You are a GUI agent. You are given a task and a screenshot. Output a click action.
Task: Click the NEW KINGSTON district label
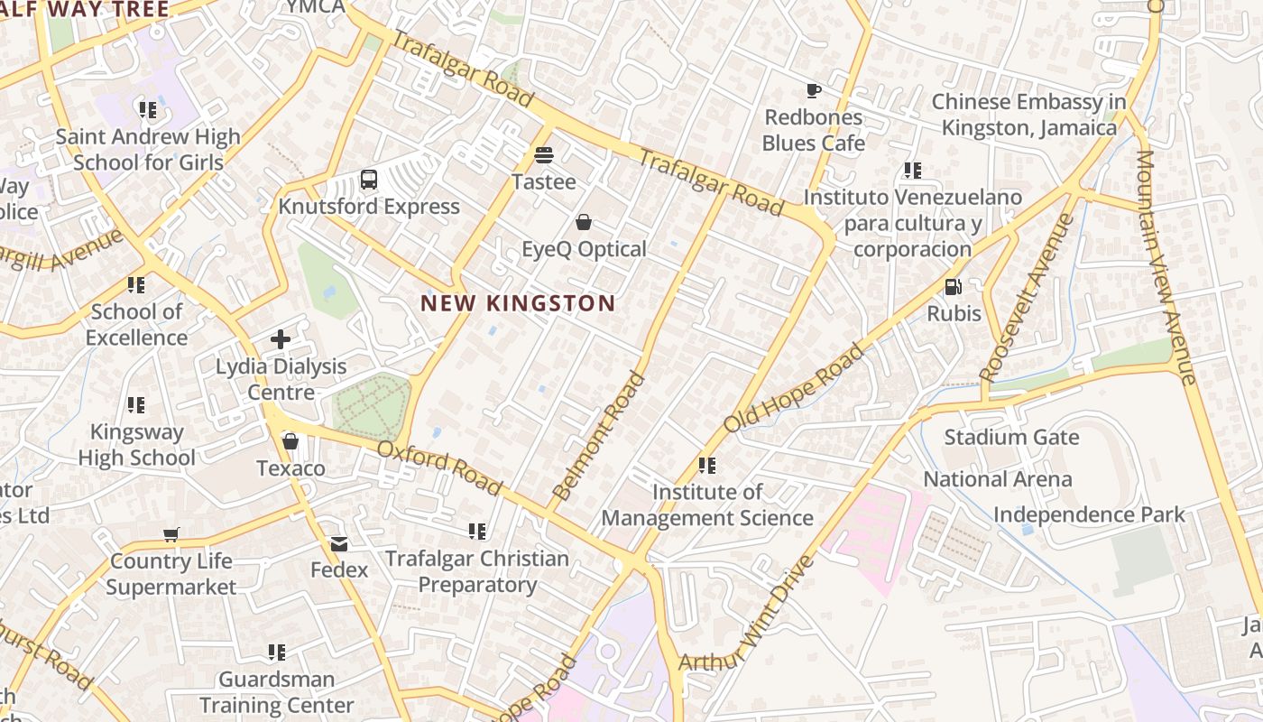point(518,303)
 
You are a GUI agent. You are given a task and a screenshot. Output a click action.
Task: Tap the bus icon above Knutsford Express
point(369,179)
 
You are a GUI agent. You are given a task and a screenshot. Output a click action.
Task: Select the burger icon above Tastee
point(543,154)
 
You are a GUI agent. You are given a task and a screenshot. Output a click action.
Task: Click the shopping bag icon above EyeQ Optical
point(584,222)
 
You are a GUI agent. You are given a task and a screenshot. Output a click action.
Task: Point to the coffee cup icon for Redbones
point(813,90)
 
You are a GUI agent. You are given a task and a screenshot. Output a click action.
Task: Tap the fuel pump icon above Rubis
point(953,287)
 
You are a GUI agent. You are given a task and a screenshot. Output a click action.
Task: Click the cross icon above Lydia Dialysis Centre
point(281,339)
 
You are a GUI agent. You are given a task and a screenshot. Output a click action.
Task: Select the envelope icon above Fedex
point(339,543)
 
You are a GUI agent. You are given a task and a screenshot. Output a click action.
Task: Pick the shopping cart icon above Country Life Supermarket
point(171,534)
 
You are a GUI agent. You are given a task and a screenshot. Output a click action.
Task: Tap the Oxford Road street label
point(439,468)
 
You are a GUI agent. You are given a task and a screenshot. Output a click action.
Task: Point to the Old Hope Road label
point(793,387)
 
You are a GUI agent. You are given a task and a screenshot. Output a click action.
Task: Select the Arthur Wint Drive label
point(747,614)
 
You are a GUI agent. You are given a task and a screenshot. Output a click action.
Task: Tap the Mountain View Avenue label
point(1165,266)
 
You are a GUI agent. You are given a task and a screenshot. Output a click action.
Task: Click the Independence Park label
point(1089,514)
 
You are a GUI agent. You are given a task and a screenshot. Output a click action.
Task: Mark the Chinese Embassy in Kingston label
point(1029,115)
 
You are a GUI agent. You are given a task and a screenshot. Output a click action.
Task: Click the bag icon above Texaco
point(290,441)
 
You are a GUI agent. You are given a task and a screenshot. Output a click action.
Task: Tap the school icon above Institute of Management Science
point(707,466)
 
